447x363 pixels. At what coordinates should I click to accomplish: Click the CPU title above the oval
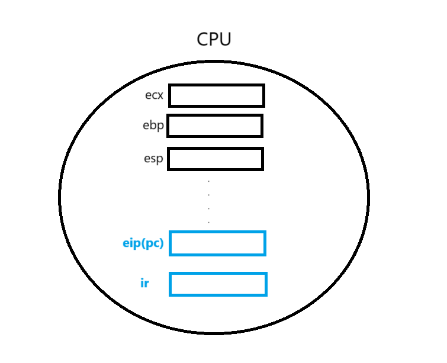point(214,40)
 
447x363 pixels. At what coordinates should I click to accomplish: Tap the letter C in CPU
point(202,40)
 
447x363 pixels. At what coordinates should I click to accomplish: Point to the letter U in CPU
point(224,40)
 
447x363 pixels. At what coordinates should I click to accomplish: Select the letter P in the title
point(214,40)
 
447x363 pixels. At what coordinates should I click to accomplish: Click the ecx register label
point(154,95)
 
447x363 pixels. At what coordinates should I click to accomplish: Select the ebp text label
point(153,126)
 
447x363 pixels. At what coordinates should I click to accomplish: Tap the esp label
point(153,159)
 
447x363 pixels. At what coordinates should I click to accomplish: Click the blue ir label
point(144,283)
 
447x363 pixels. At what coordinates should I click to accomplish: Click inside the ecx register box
point(217,95)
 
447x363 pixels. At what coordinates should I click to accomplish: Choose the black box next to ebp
point(215,126)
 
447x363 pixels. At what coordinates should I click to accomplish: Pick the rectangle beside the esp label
point(216,159)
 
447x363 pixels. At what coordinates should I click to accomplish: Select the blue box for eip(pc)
point(218,243)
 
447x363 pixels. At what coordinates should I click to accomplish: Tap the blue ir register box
point(218,284)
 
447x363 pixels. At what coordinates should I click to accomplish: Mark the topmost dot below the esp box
point(209,181)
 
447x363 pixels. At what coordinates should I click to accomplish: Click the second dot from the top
point(209,194)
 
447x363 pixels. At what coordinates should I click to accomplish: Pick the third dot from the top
point(209,208)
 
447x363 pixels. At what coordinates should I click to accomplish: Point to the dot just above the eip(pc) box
point(209,222)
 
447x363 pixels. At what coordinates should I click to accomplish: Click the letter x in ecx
point(159,95)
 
